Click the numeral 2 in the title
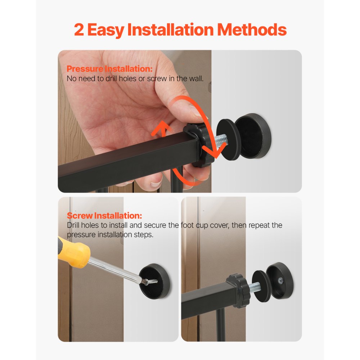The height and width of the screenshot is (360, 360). pos(79,30)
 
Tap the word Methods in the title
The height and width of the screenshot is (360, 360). pos(252,30)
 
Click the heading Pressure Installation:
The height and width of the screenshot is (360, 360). pos(110,69)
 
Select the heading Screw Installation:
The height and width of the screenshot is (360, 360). pos(104,216)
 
